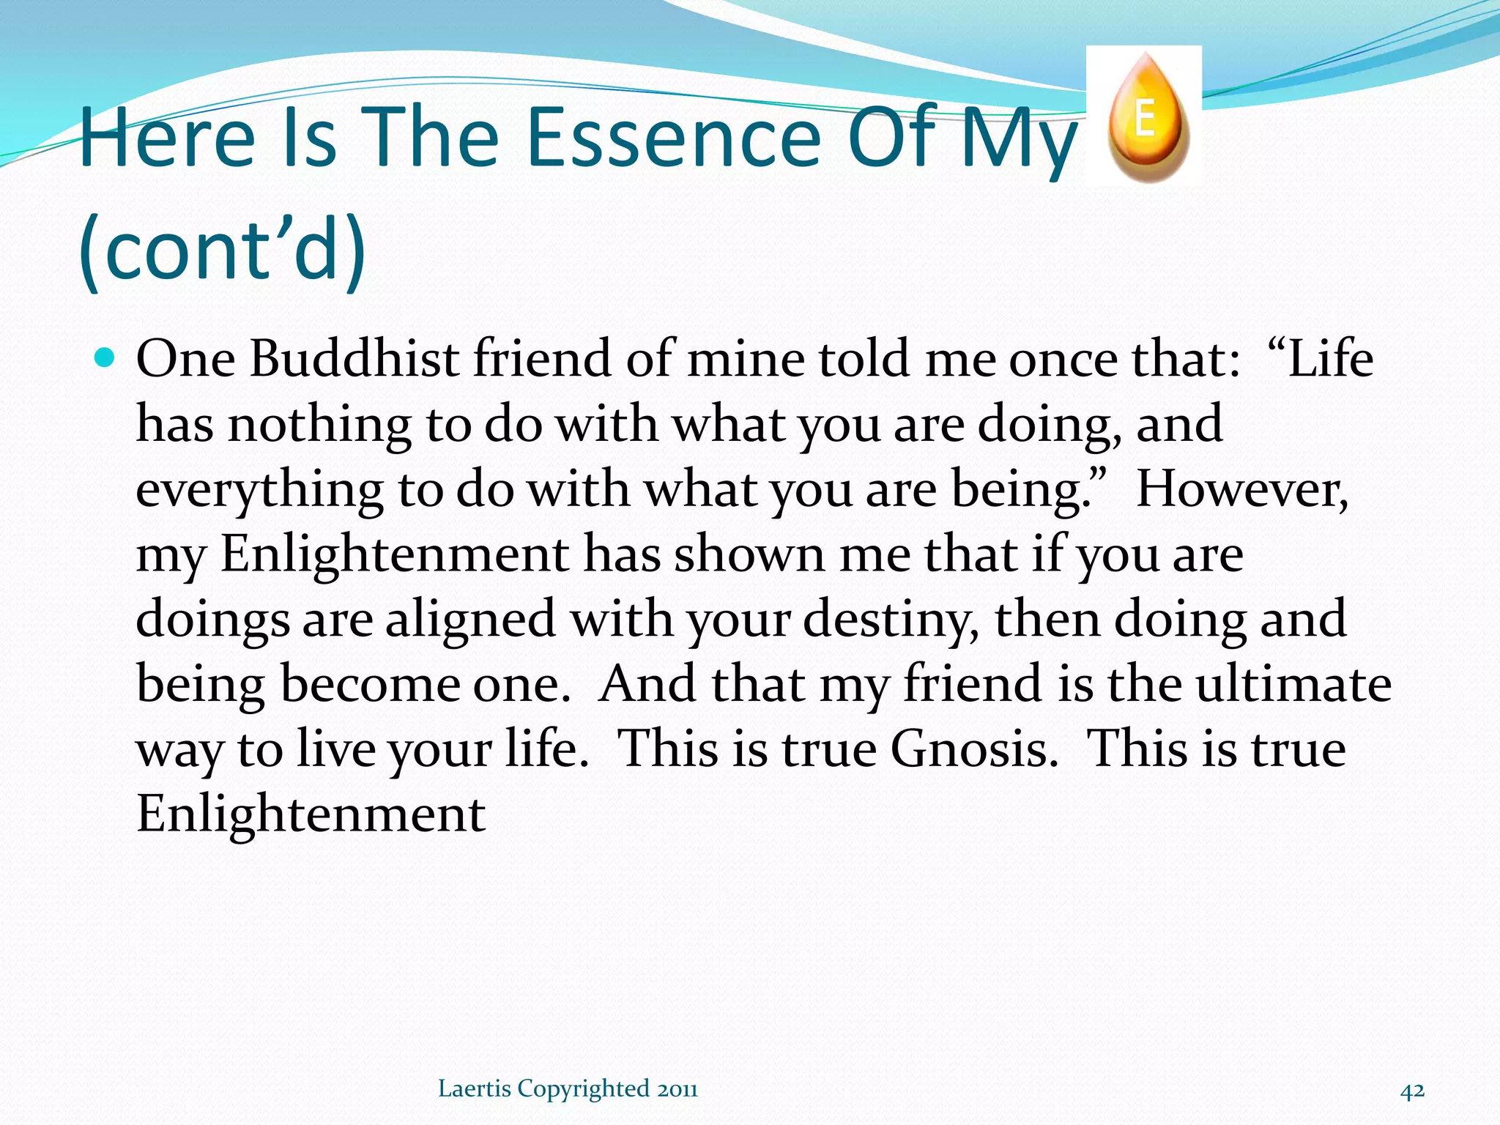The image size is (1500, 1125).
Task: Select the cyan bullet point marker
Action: (x=105, y=359)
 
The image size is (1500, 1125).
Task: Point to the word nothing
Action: (x=319, y=424)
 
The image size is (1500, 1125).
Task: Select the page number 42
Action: (x=1412, y=1090)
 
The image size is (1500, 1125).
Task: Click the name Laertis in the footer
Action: (x=474, y=1089)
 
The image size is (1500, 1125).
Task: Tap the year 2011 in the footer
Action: (x=677, y=1089)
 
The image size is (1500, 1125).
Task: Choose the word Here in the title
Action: (x=167, y=138)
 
